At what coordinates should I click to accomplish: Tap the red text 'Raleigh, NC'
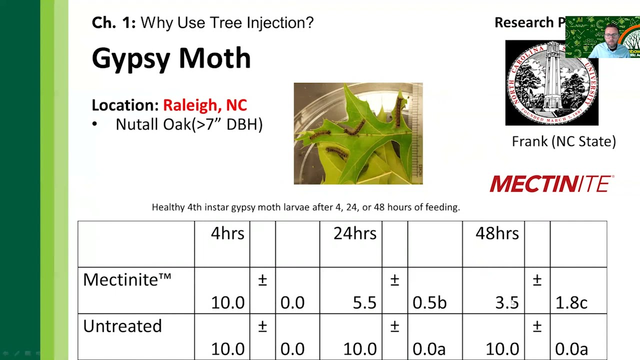205,105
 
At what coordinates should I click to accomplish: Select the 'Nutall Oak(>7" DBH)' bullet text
189,124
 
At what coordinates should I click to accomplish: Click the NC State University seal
551,83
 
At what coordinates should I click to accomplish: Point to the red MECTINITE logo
551,184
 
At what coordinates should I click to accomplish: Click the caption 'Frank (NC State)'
563,141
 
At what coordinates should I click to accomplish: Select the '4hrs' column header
227,233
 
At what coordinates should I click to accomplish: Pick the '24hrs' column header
355,233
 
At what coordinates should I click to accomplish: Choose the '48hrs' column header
497,233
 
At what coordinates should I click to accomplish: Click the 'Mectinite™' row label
127,279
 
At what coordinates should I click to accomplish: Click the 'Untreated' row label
122,326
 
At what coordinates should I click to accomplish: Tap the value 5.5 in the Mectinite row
364,302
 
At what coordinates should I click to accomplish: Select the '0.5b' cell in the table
429,302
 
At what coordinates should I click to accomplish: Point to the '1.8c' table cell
571,302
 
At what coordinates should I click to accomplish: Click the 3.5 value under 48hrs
506,302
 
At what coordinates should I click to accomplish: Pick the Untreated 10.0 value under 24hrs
360,348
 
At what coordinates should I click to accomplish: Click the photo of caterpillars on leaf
358,133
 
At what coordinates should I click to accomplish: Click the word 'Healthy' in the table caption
168,207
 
